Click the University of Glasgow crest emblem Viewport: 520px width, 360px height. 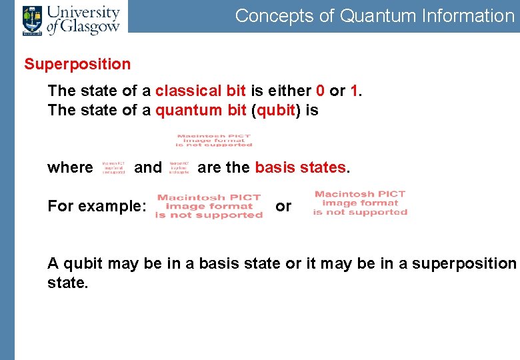pos(31,20)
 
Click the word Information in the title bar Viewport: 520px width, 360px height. pos(468,15)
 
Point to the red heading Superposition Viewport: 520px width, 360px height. pos(77,65)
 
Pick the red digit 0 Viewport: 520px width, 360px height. pos(320,91)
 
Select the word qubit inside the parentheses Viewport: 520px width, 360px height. pos(275,110)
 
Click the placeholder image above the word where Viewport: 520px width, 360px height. pos(214,141)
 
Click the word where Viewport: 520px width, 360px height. pos(70,167)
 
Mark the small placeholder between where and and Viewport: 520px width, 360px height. pos(113,167)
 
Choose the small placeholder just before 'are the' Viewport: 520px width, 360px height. pos(179,167)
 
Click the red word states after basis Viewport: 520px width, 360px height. pos(323,167)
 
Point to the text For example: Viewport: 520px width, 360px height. pos(97,206)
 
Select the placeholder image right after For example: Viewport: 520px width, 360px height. pos(209,206)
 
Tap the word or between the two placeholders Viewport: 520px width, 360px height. pos(283,206)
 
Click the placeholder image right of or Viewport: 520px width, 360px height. pos(360,203)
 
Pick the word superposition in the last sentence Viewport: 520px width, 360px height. pos(464,263)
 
